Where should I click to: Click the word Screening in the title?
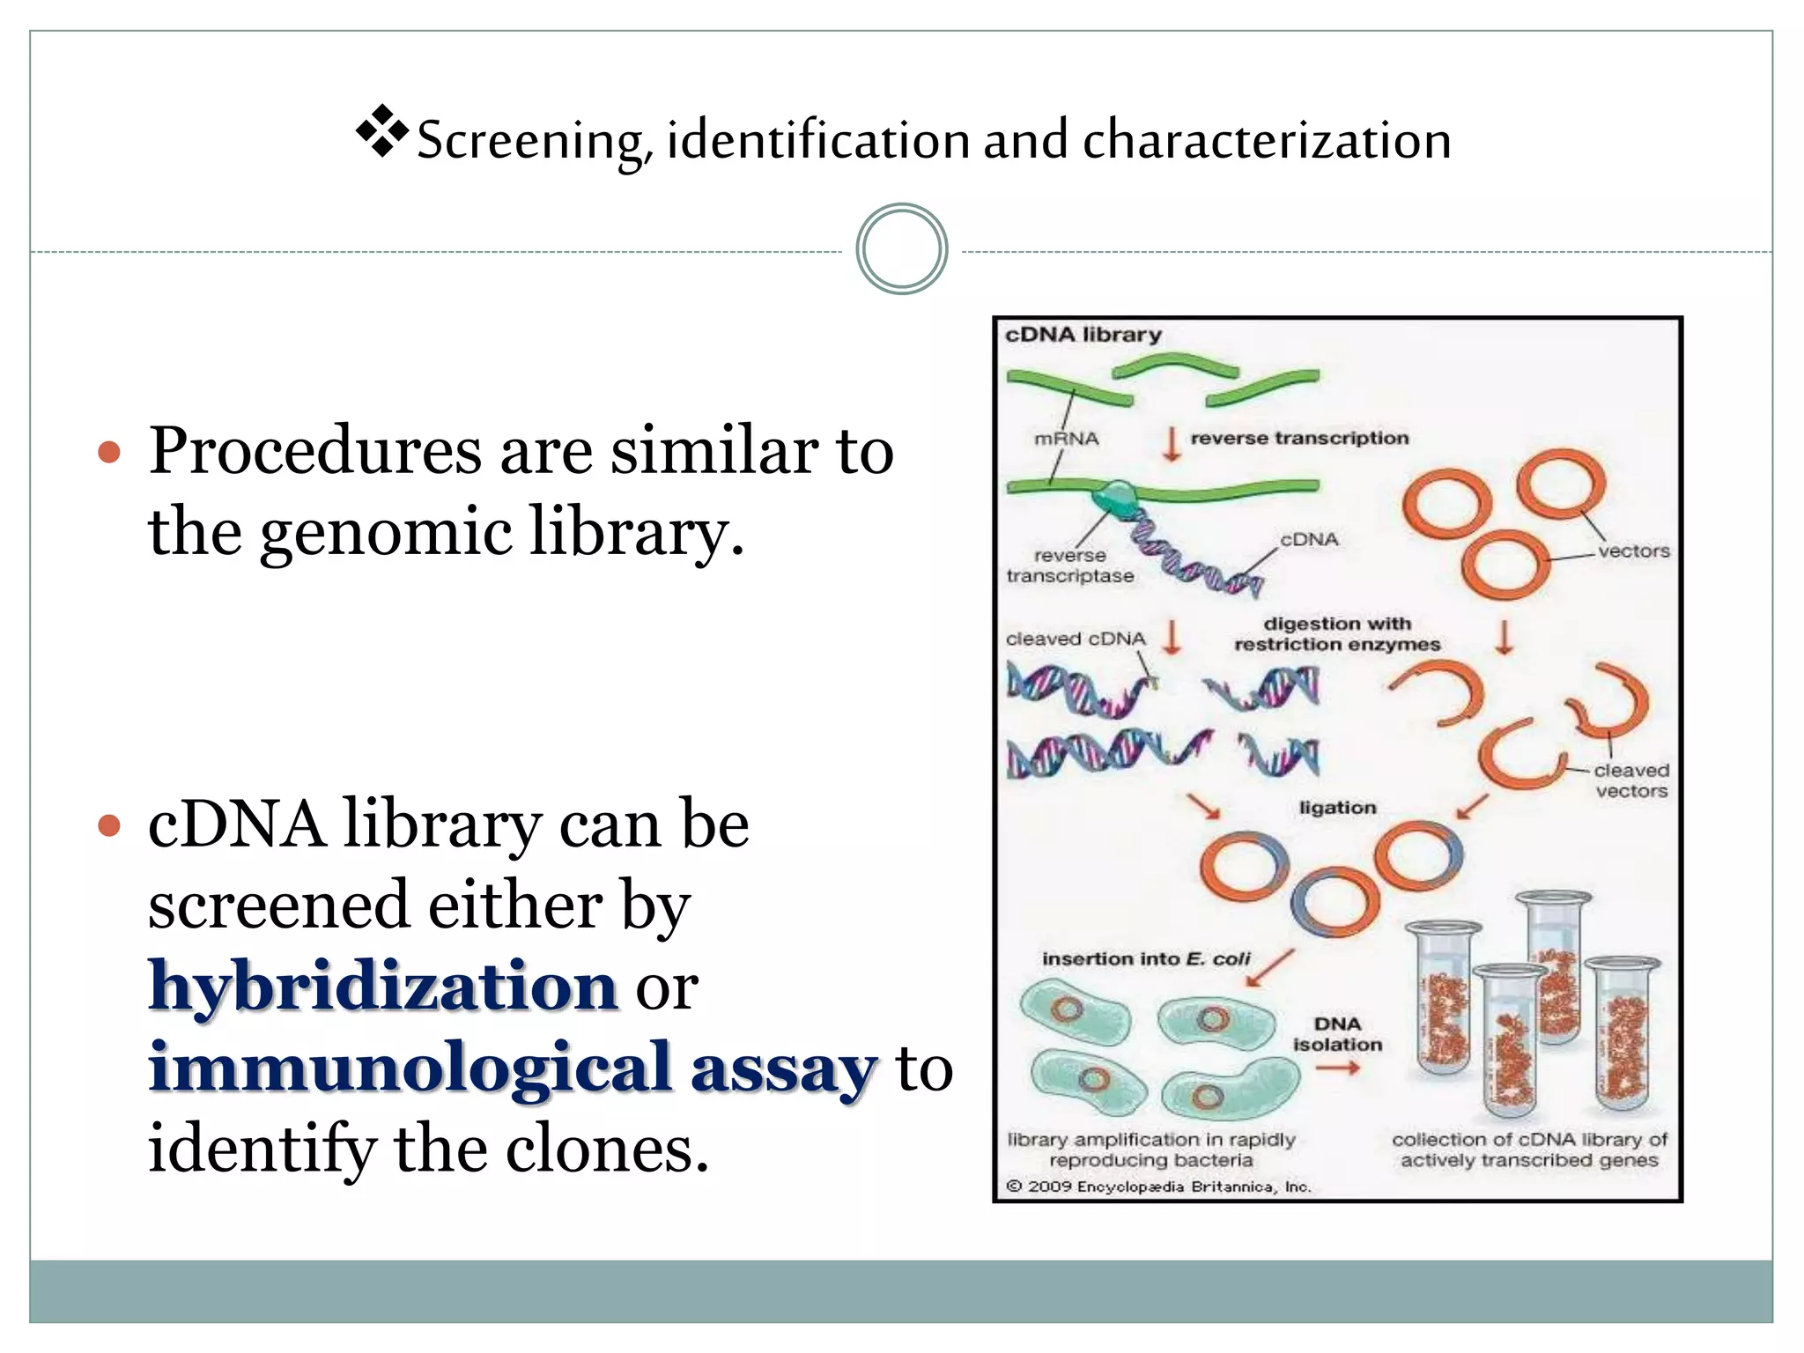pyautogui.click(x=530, y=141)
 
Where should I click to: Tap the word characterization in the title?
pyautogui.click(x=1267, y=141)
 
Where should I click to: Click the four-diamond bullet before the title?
pyautogui.click(x=382, y=131)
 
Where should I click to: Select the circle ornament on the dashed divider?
pyautogui.click(x=901, y=249)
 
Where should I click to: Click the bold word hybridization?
pyautogui.click(x=383, y=986)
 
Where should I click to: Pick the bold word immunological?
pyautogui.click(x=410, y=1068)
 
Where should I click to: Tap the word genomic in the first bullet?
pyautogui.click(x=385, y=533)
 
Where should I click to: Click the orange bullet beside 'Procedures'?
pyautogui.click(x=109, y=453)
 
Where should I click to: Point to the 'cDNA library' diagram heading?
pyautogui.click(x=1083, y=335)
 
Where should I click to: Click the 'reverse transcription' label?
pyautogui.click(x=1299, y=438)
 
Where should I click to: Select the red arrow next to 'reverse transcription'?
pyautogui.click(x=1172, y=443)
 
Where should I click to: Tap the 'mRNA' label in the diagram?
pyautogui.click(x=1066, y=439)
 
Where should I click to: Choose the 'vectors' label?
pyautogui.click(x=1633, y=551)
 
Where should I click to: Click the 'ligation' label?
pyautogui.click(x=1337, y=808)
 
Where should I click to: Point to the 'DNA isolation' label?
pyautogui.click(x=1337, y=1034)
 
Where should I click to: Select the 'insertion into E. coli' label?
pyautogui.click(x=1146, y=958)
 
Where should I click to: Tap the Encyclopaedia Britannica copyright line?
pyautogui.click(x=1159, y=1187)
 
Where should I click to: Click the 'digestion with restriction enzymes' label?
pyautogui.click(x=1337, y=634)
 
